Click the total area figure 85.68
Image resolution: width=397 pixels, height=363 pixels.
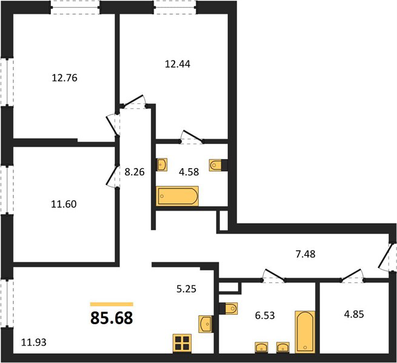(112, 318)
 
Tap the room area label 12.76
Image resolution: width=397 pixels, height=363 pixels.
(64, 78)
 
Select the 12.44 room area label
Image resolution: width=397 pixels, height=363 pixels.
(178, 64)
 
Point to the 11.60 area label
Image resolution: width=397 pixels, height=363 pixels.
(64, 204)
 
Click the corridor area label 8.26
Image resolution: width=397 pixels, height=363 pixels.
(135, 172)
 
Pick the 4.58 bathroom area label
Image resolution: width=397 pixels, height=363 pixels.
(189, 172)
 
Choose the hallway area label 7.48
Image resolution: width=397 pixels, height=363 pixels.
(305, 254)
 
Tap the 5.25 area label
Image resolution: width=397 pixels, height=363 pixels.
(186, 289)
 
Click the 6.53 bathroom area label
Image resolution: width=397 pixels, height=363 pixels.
(265, 315)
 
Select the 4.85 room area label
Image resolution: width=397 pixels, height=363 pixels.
(354, 314)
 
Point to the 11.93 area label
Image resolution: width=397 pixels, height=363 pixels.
(34, 342)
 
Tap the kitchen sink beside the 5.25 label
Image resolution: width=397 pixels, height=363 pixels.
(205, 324)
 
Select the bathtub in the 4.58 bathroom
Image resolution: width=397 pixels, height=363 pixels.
(177, 196)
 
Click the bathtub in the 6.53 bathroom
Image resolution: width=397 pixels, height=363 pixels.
(305, 332)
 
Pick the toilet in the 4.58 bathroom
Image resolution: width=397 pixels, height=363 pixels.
(215, 165)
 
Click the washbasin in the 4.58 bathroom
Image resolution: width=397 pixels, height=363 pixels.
(162, 165)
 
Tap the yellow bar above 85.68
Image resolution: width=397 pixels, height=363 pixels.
(112, 304)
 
